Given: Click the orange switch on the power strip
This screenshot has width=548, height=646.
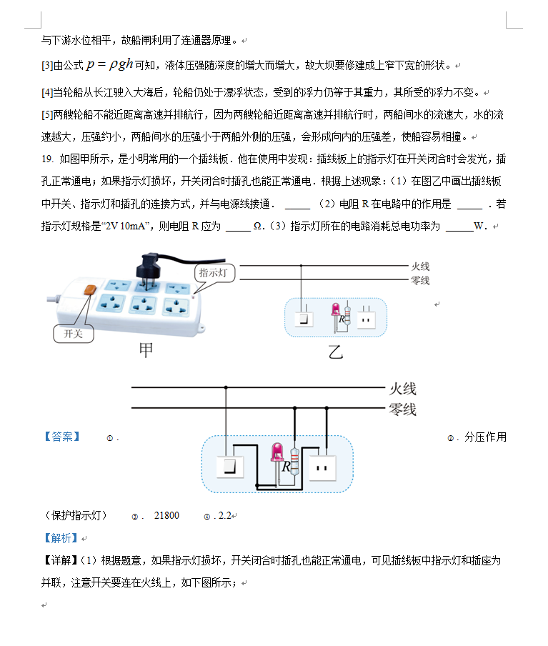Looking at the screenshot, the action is tap(90, 290).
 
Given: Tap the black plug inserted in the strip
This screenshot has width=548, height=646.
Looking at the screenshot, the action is tap(149, 267).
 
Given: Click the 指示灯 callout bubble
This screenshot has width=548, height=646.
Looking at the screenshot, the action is tap(214, 273).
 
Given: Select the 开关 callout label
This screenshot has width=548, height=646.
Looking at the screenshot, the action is tap(74, 334).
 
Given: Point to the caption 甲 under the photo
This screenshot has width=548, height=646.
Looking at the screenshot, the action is tap(146, 350).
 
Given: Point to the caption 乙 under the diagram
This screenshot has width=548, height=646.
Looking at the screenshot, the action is tap(335, 352).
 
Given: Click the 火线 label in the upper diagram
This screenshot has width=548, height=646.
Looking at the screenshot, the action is tap(420, 267).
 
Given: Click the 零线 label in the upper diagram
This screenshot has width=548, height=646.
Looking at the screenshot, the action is tap(420, 281).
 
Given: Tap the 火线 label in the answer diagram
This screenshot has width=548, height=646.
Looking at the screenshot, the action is tap(402, 389).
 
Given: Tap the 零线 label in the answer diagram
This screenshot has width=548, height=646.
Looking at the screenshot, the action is tap(402, 409).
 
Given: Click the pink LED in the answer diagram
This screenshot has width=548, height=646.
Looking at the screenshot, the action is tap(277, 452).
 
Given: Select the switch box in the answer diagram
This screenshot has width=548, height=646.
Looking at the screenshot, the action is tap(230, 467).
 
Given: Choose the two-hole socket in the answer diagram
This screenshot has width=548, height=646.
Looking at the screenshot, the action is tap(322, 469).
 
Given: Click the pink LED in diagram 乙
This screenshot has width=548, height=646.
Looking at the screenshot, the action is tap(336, 310).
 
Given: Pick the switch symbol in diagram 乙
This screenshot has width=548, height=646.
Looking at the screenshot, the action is tap(304, 319).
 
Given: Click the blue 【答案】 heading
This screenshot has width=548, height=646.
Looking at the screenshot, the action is tap(62, 437).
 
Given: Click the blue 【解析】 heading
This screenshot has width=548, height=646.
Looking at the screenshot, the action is tap(61, 538).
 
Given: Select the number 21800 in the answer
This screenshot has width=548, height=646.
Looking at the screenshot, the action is tap(166, 516).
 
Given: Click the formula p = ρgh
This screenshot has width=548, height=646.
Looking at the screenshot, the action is tap(109, 64).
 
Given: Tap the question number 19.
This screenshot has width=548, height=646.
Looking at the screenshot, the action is tap(47, 159).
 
